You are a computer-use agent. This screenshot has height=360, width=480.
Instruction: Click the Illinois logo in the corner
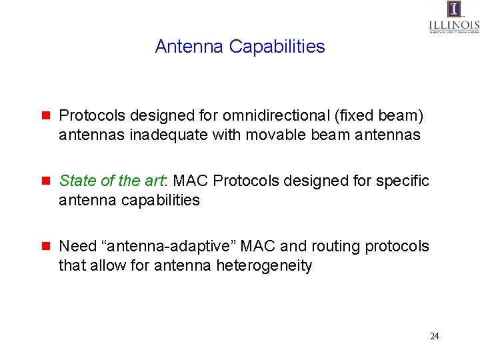click(x=454, y=17)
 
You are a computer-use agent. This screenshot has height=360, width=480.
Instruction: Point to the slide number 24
click(x=434, y=336)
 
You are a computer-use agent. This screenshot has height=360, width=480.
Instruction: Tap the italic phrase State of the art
click(x=111, y=181)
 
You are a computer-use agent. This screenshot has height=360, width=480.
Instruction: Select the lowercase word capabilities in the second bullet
click(x=160, y=200)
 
